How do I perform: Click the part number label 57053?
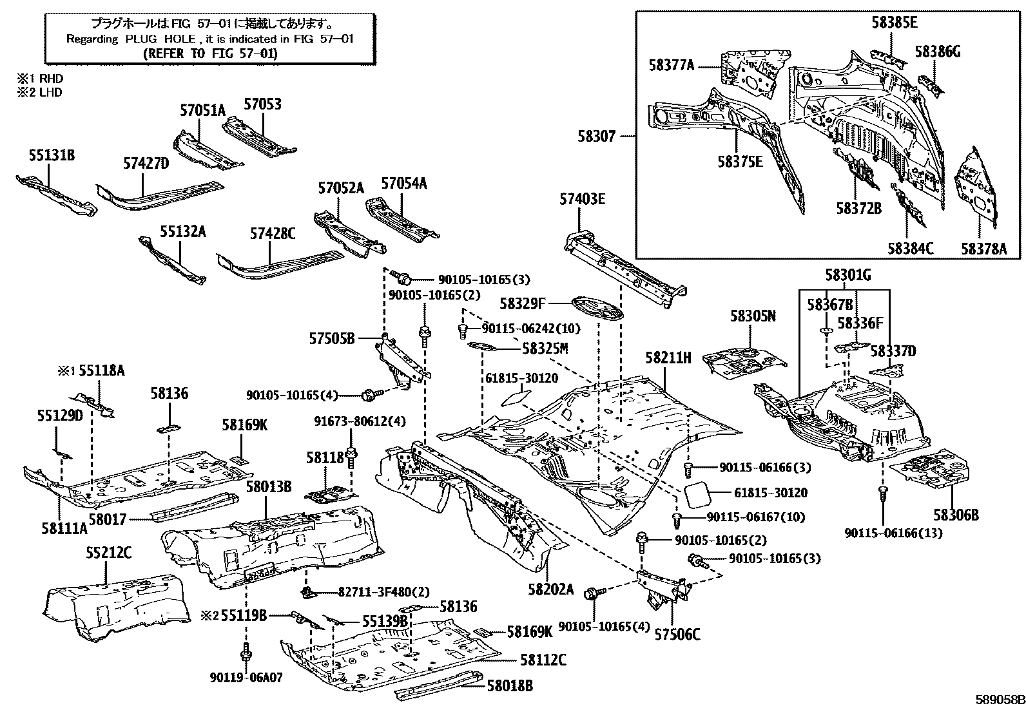(x=262, y=104)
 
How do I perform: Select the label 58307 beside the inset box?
(x=597, y=136)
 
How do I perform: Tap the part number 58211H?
(x=668, y=358)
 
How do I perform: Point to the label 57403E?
(x=583, y=200)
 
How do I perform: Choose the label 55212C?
(x=109, y=552)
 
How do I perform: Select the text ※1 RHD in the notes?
(x=40, y=79)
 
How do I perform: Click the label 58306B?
(x=956, y=515)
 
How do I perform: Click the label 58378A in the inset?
(x=983, y=248)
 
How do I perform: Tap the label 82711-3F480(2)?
(x=383, y=591)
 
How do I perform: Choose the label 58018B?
(x=510, y=685)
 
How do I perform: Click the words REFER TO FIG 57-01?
(x=210, y=53)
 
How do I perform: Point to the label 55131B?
(x=52, y=155)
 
